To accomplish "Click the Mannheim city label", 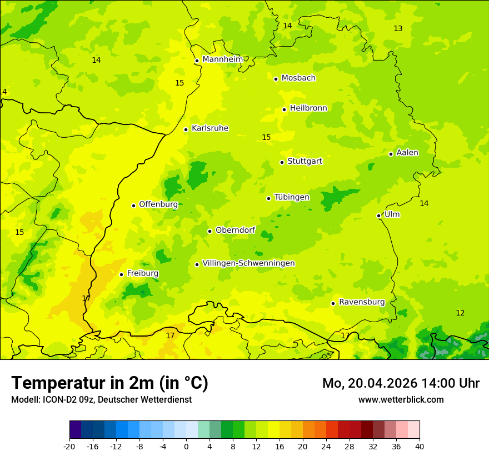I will tap(222, 59).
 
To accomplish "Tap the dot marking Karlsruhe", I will tap(186, 129).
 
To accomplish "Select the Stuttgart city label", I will tap(305, 162).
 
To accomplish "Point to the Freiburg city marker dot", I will tap(121, 274).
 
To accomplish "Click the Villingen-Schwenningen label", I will tap(248, 263).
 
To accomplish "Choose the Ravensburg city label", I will tap(362, 302).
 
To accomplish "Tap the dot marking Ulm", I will tap(379, 216).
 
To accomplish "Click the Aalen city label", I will tap(407, 153).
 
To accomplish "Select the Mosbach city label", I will tap(298, 78).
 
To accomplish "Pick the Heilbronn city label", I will tap(308, 108).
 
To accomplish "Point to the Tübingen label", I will tap(292, 197).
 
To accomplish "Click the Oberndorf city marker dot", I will tap(209, 231).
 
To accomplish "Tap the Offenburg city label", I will tap(158, 204).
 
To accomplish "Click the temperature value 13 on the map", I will tap(398, 29).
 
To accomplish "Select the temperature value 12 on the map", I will tap(460, 313).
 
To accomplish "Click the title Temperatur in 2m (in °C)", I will tap(109, 383).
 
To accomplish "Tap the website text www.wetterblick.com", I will tap(401, 399).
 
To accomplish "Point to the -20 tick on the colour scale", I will tap(69, 446).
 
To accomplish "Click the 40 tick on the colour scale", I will tap(420, 446).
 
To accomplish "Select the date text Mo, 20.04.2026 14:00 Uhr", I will tap(401, 383).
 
